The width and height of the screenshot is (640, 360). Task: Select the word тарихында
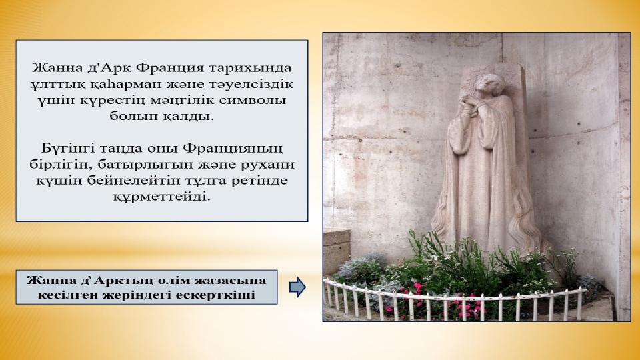(x=251, y=68)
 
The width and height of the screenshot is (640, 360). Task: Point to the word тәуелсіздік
(x=251, y=84)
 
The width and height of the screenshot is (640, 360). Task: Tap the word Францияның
(x=232, y=149)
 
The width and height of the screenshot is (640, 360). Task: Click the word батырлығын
(x=141, y=165)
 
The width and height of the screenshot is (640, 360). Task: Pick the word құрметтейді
(x=161, y=197)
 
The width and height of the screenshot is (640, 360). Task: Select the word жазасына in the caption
(x=231, y=281)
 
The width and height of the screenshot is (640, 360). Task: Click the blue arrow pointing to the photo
(x=297, y=287)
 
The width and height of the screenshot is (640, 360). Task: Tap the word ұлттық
(x=53, y=84)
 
